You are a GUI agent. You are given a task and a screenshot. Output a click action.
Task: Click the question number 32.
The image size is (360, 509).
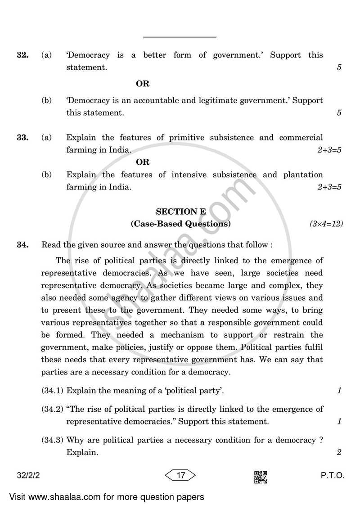[22, 55]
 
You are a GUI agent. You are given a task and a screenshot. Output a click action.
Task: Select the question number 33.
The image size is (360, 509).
[22, 138]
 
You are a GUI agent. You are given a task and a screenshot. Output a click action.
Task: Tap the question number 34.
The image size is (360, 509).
[22, 245]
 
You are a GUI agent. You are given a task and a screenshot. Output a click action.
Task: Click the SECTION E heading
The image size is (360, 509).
[177, 211]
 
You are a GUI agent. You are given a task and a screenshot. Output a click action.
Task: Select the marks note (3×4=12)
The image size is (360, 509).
[326, 224]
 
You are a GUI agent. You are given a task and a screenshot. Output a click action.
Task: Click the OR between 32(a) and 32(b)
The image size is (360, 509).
[143, 84]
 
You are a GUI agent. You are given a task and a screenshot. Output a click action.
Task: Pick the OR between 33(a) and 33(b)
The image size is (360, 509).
[143, 162]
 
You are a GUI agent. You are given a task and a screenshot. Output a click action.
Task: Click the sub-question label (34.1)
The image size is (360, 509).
[53, 391]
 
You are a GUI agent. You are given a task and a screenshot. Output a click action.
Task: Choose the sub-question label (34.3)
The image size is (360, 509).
[53, 440]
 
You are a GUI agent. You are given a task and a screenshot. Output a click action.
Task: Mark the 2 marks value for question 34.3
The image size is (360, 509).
[339, 453]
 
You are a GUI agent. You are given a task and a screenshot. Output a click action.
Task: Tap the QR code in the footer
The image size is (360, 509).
[261, 477]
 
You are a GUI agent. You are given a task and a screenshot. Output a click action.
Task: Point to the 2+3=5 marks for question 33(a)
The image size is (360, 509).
[329, 150]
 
